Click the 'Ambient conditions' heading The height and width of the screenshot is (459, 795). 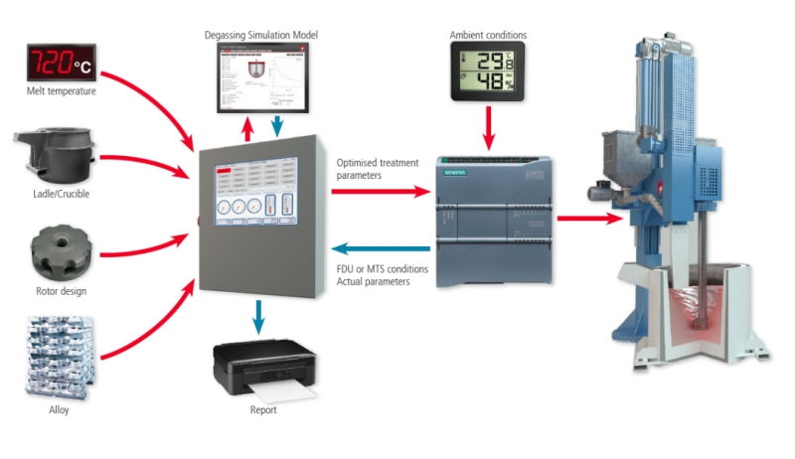click(x=489, y=36)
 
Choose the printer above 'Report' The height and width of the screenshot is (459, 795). click(x=261, y=368)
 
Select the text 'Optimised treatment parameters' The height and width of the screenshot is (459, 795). click(x=374, y=169)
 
